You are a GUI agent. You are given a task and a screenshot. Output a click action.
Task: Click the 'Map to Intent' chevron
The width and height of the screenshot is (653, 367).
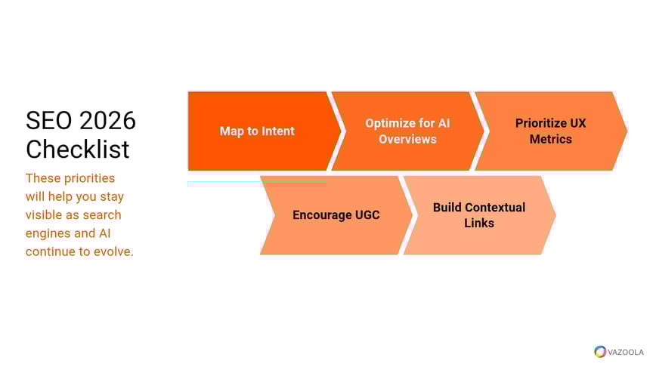pos(262,131)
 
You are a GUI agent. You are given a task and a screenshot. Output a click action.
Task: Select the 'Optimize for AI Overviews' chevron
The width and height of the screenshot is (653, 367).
pos(408,131)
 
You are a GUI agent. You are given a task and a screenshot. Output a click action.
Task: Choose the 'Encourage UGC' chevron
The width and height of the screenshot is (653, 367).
pos(336,215)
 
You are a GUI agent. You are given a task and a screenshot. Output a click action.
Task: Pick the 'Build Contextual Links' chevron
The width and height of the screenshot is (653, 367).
pos(480,215)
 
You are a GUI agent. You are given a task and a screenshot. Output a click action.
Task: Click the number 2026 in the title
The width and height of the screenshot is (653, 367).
pos(107,121)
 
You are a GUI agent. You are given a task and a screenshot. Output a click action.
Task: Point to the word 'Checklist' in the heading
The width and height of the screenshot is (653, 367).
pos(77,150)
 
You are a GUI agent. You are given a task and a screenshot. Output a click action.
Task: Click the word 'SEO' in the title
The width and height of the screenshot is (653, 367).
pos(49,121)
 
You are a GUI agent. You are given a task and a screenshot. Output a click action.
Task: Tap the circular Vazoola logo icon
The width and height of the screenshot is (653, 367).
pos(600,352)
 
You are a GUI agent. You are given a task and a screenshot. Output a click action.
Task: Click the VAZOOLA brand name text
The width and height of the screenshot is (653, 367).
pos(626,352)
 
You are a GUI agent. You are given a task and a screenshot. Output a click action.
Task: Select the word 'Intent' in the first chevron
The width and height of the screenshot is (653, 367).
pos(278,131)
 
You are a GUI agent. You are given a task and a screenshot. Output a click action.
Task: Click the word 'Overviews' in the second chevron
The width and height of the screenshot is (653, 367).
pos(407,139)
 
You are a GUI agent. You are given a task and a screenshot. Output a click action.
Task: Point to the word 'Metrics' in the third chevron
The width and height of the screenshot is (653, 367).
pos(551,139)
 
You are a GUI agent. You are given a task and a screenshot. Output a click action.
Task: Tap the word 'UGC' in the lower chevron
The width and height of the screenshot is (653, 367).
pos(367,215)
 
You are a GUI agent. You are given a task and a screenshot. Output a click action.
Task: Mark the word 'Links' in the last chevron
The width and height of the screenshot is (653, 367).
pos(479,223)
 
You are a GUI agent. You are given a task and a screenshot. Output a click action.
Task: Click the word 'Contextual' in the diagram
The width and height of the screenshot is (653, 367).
pos(495,207)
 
